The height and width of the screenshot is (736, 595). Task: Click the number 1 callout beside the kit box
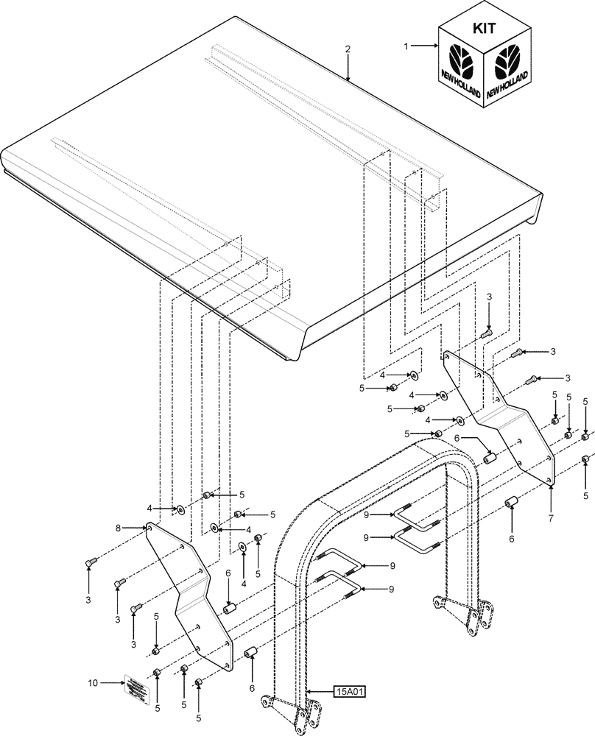[x=405, y=46]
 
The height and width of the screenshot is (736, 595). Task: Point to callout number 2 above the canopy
[x=348, y=49]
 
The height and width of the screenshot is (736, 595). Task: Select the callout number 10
[x=93, y=683]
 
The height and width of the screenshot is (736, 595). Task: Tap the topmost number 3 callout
[x=490, y=297]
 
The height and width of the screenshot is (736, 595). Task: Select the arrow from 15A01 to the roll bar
[x=320, y=691]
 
